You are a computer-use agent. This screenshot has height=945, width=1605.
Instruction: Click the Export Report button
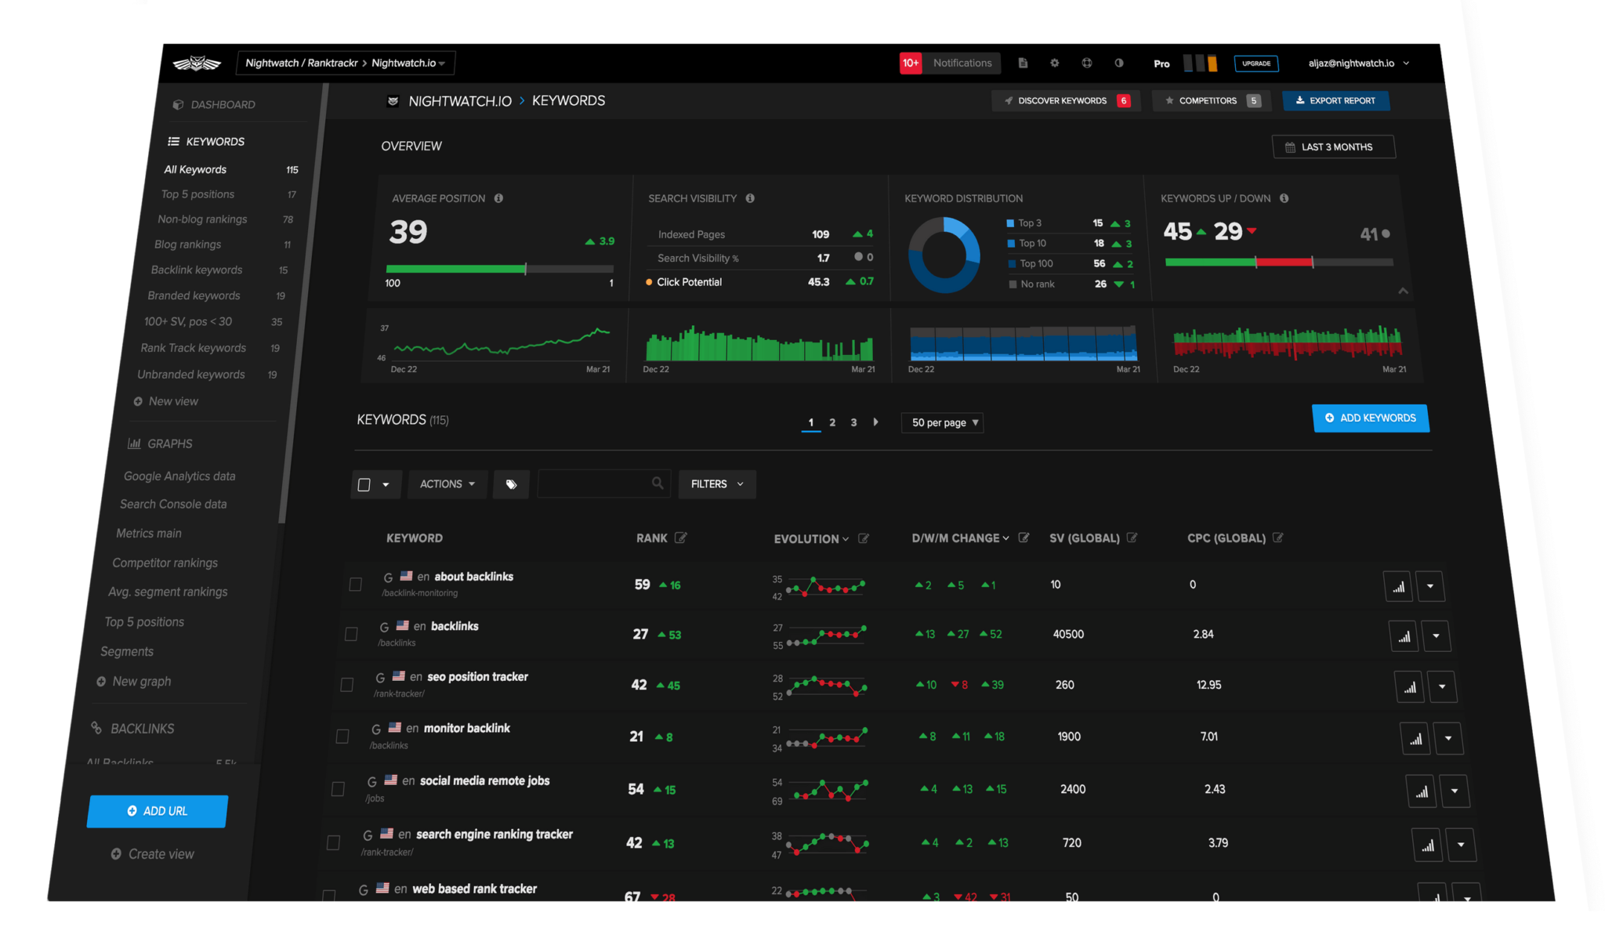click(1335, 100)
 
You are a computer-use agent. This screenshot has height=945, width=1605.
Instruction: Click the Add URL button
click(158, 811)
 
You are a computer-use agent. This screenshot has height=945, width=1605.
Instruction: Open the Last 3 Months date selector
click(1333, 147)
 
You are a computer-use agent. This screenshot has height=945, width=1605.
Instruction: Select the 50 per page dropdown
click(943, 422)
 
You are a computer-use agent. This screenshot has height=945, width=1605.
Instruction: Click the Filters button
click(716, 484)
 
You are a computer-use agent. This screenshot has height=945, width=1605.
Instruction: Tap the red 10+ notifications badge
click(910, 63)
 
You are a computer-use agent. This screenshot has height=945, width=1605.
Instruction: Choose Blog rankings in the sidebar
click(188, 244)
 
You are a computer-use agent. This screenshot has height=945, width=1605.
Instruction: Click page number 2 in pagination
click(832, 422)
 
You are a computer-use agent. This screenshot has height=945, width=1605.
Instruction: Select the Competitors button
click(1208, 100)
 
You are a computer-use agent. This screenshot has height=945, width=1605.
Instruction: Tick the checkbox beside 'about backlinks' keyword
click(355, 585)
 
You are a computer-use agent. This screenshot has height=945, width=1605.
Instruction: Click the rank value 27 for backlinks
click(640, 634)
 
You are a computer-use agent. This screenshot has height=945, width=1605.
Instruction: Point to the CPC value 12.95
click(1208, 685)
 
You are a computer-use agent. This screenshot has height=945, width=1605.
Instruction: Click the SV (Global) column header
click(1084, 538)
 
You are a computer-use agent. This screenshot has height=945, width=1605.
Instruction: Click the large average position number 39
click(408, 232)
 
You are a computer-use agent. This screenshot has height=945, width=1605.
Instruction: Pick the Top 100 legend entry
click(1036, 263)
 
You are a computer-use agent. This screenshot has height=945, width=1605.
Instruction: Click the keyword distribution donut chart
click(944, 255)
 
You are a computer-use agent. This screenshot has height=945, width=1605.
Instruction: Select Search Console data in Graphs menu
click(173, 504)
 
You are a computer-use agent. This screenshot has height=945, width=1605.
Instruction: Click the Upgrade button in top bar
click(1255, 63)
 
